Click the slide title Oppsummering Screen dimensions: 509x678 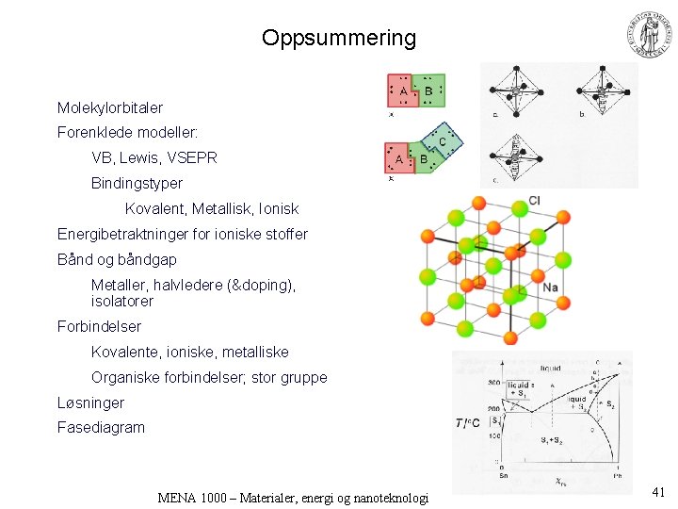click(x=339, y=38)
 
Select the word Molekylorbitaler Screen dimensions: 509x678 click(x=110, y=108)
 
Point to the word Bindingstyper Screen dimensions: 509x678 click(x=137, y=183)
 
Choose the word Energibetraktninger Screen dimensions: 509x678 click(x=124, y=234)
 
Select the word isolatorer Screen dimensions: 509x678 click(x=122, y=302)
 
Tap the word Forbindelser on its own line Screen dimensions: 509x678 click(x=99, y=326)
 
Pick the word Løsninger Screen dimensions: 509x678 click(x=90, y=402)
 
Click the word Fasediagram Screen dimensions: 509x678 click(x=101, y=427)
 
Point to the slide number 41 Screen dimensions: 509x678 click(x=658, y=491)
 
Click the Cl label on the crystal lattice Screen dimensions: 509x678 click(x=534, y=200)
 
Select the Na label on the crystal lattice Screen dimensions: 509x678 click(x=551, y=287)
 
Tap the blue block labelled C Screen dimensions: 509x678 click(x=444, y=140)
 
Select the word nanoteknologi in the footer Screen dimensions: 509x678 click(x=386, y=498)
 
